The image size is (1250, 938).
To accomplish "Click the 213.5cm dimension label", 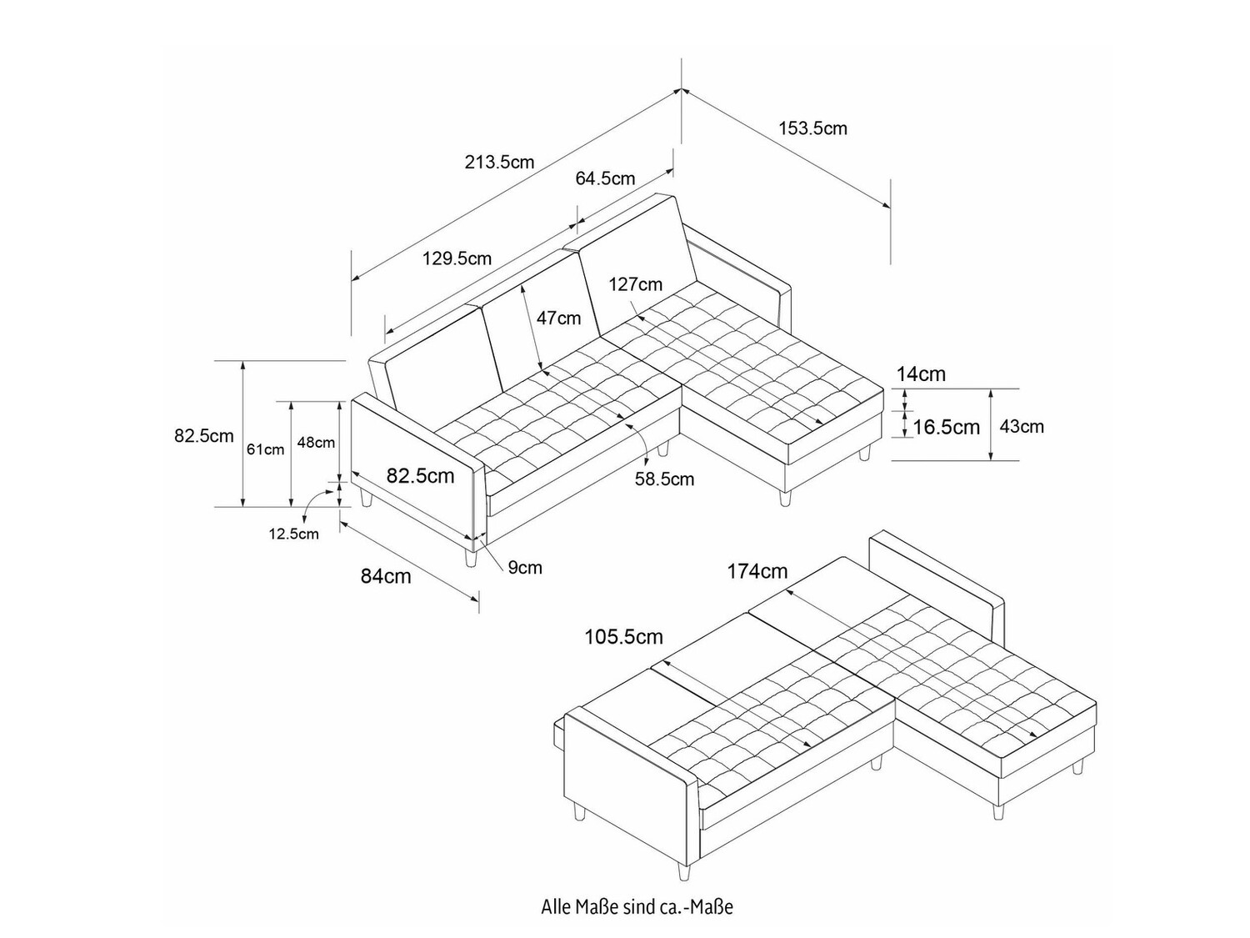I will coord(499,162).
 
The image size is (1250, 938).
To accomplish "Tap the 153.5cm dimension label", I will coord(812,128).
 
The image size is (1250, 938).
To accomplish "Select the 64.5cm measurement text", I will coord(605,178).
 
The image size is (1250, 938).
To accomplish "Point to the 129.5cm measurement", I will coord(457,258).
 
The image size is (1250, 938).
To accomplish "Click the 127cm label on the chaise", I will coord(635,284).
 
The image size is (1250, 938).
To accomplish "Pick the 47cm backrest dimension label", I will coord(558,318).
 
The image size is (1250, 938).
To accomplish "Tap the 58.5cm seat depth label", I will coord(664,479).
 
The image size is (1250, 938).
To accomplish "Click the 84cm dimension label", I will coord(386,575).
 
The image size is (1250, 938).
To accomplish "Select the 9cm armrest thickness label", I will coord(525,568).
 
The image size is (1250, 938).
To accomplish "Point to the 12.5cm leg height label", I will coord(293,534).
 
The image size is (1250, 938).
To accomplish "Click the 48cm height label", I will coord(316,443).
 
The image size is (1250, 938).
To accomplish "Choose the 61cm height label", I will coord(265,449).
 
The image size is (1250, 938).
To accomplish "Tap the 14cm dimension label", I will coord(921,374).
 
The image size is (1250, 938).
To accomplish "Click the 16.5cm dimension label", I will coord(946,428).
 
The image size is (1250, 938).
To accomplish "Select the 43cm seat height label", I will coord(1022,427).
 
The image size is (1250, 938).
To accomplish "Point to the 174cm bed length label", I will coord(757,571).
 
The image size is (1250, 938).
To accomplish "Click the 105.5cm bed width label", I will coord(623,638).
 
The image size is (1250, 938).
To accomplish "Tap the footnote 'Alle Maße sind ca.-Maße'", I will coord(637,906).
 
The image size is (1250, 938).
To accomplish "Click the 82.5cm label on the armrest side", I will coord(420,476).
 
